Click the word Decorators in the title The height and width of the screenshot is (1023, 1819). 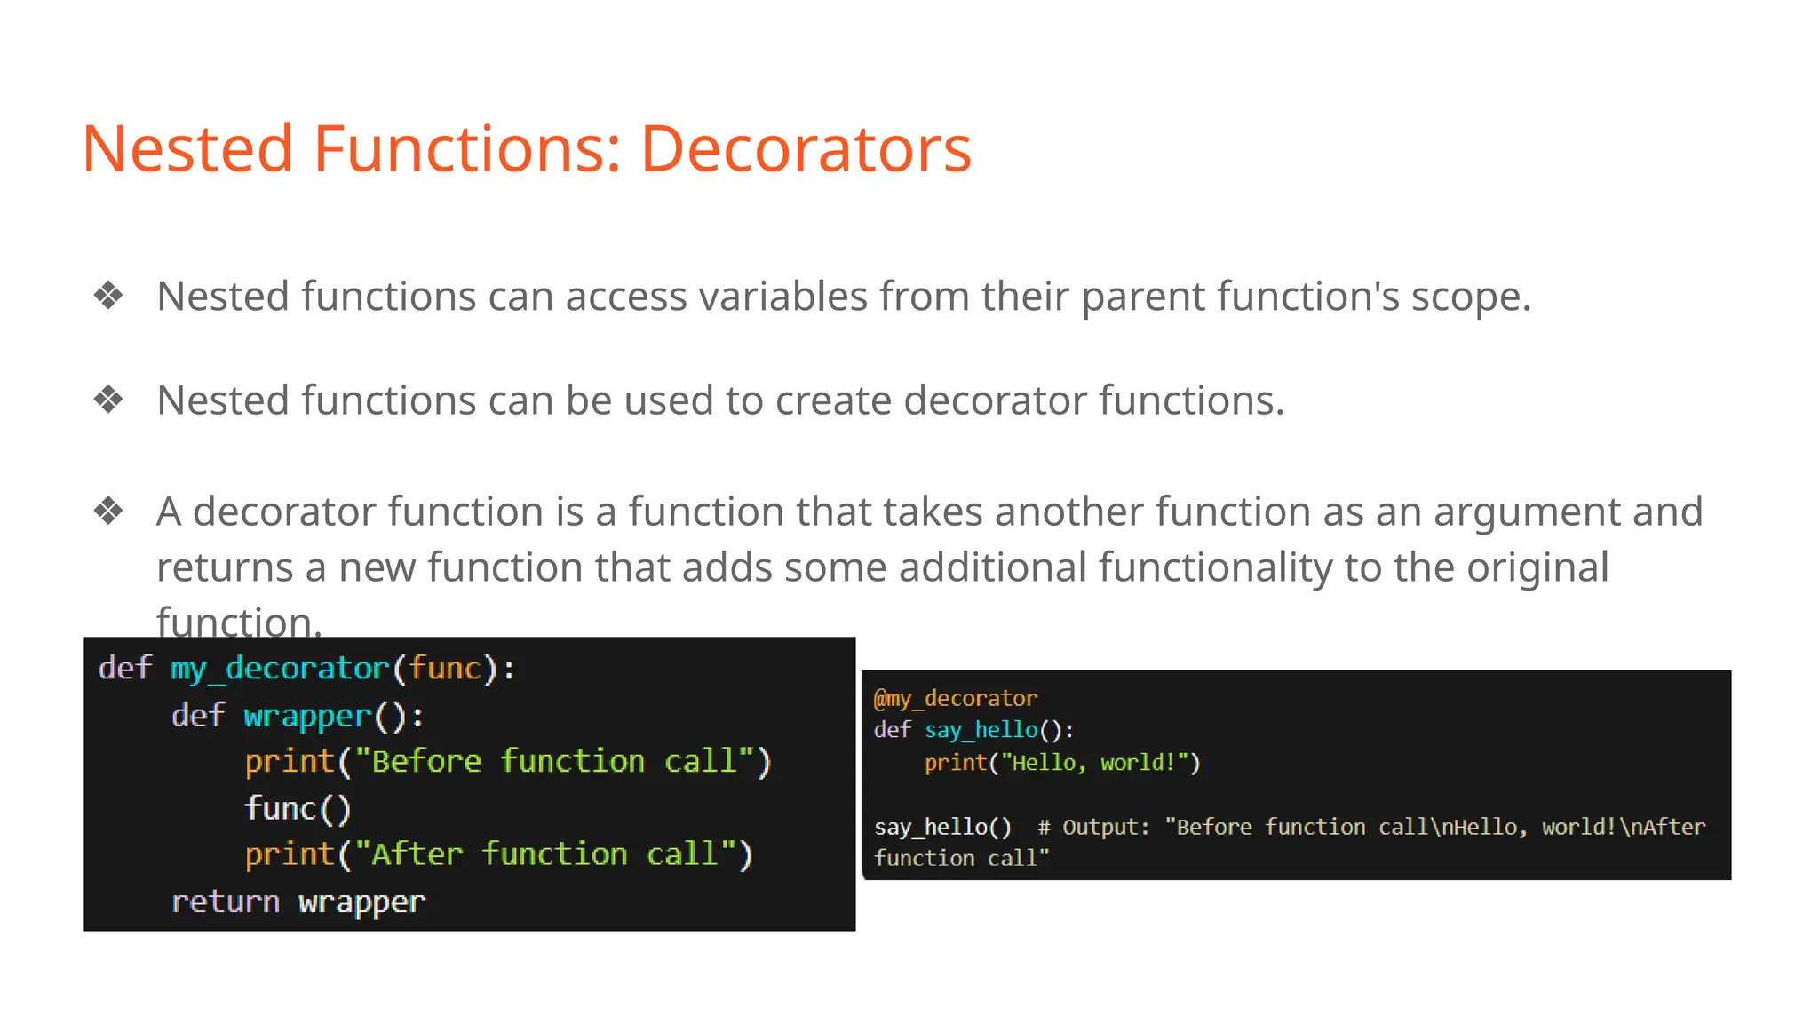coord(806,148)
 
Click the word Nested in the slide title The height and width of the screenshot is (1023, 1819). coord(187,148)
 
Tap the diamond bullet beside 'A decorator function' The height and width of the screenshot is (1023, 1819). coord(108,511)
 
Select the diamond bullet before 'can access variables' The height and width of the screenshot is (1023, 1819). coord(108,296)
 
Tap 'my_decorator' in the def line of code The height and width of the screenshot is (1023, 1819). coord(280,669)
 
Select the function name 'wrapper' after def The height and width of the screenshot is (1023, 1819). coord(307,716)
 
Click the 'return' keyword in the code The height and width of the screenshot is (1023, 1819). coord(225,902)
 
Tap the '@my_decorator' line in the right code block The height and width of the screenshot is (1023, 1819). coord(956,699)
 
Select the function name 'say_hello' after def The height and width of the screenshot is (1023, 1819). coord(981,731)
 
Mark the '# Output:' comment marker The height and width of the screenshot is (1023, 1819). coord(1093,828)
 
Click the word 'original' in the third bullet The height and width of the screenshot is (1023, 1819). coord(1537,567)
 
